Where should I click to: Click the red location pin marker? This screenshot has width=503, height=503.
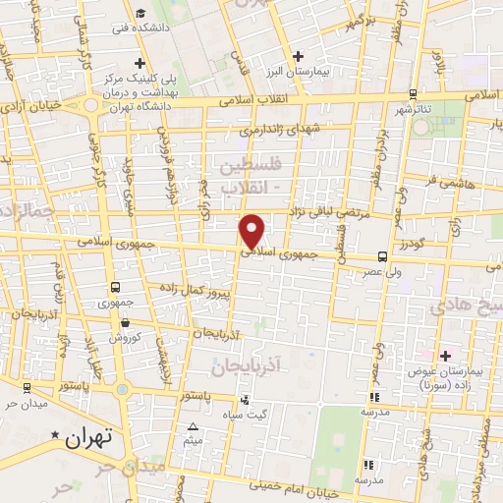click(x=252, y=230)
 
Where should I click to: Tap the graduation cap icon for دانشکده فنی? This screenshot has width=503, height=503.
click(x=142, y=13)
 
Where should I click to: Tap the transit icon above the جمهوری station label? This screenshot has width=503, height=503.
click(x=117, y=288)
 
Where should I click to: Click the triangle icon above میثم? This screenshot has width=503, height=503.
click(x=194, y=426)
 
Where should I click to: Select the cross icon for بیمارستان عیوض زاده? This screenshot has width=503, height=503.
click(x=445, y=355)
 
